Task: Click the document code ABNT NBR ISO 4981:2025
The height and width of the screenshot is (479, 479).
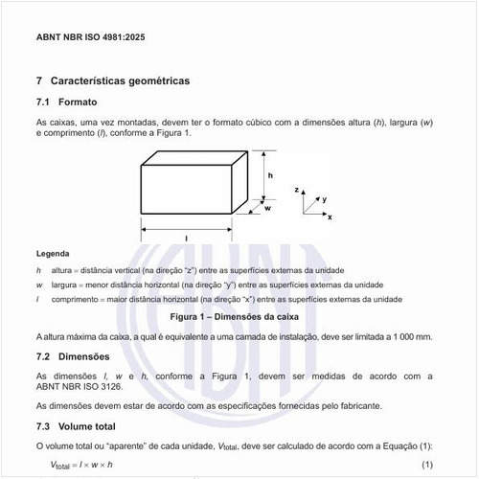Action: coord(92,42)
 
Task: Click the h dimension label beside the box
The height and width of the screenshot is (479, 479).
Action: coord(271,176)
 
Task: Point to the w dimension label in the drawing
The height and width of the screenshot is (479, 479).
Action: coord(267,208)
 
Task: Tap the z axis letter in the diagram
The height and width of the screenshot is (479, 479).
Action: coord(298,191)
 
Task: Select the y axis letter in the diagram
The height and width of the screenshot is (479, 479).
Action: coord(325,198)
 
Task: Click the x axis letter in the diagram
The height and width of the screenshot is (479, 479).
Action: coord(330,218)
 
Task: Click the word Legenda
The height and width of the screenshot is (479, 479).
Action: coord(52,254)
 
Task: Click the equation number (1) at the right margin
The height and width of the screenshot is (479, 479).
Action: coord(428,465)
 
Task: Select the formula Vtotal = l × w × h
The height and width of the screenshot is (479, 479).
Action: coord(82,465)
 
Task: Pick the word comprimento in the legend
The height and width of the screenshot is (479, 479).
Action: coord(74,300)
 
